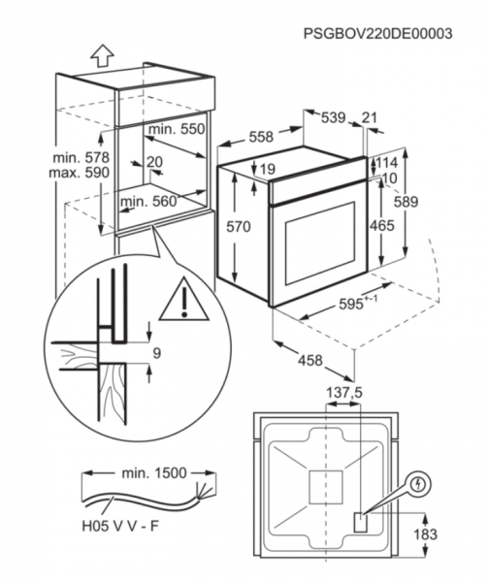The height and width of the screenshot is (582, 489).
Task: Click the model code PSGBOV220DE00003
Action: (x=377, y=33)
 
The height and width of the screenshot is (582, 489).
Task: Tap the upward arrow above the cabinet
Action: (x=102, y=55)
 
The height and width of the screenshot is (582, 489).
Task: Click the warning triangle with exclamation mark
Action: (x=184, y=298)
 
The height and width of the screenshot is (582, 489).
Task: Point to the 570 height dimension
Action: (x=239, y=226)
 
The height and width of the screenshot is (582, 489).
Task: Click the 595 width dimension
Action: (x=358, y=304)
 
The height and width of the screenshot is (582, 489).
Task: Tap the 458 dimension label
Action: (x=310, y=360)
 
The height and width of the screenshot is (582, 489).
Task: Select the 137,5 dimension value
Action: (x=343, y=393)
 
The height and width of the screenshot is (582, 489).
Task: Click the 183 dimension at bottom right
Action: (x=425, y=534)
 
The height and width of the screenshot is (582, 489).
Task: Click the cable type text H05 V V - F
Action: (x=120, y=526)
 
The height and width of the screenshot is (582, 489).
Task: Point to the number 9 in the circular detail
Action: (x=156, y=353)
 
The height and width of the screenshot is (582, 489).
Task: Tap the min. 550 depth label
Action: (x=177, y=129)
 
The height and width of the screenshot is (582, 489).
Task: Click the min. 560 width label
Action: (x=148, y=202)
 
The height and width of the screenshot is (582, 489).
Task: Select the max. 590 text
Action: (x=80, y=173)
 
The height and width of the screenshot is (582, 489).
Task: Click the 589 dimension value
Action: (x=406, y=202)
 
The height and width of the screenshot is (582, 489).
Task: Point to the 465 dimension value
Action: (x=381, y=225)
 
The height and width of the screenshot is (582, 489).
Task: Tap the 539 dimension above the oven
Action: (x=333, y=117)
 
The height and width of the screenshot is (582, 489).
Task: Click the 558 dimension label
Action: (x=261, y=137)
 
